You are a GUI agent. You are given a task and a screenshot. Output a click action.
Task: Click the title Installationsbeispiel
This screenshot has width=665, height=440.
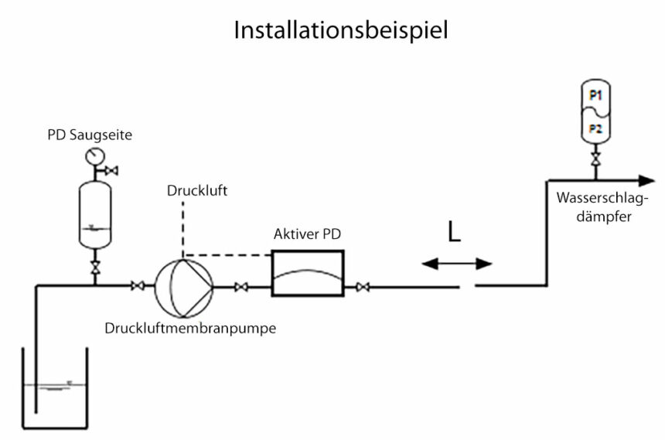pyautogui.click(x=341, y=30)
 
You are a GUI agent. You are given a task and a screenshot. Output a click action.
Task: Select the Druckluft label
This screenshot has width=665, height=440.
pyautogui.click(x=196, y=191)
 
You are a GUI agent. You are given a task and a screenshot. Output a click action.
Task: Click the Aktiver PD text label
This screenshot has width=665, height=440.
pyautogui.click(x=307, y=234)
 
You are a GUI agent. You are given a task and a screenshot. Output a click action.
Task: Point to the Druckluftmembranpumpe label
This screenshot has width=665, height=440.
pyautogui.click(x=190, y=327)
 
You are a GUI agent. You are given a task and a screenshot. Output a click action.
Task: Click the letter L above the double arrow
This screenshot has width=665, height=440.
pyautogui.click(x=454, y=232)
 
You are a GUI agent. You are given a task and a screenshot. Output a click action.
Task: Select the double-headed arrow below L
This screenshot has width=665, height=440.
pyautogui.click(x=457, y=264)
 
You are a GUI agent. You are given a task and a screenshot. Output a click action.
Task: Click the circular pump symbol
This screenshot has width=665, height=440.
pyautogui.click(x=182, y=287)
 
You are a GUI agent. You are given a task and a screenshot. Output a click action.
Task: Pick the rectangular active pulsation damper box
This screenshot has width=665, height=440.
pyautogui.click(x=307, y=273)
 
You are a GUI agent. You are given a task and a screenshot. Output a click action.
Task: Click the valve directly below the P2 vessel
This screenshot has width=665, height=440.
pyautogui.click(x=595, y=161)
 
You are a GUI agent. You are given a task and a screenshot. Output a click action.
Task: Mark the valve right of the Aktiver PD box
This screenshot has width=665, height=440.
pyautogui.click(x=361, y=288)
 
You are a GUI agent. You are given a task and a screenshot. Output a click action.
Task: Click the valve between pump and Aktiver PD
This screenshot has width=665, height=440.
pyautogui.click(x=240, y=288)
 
